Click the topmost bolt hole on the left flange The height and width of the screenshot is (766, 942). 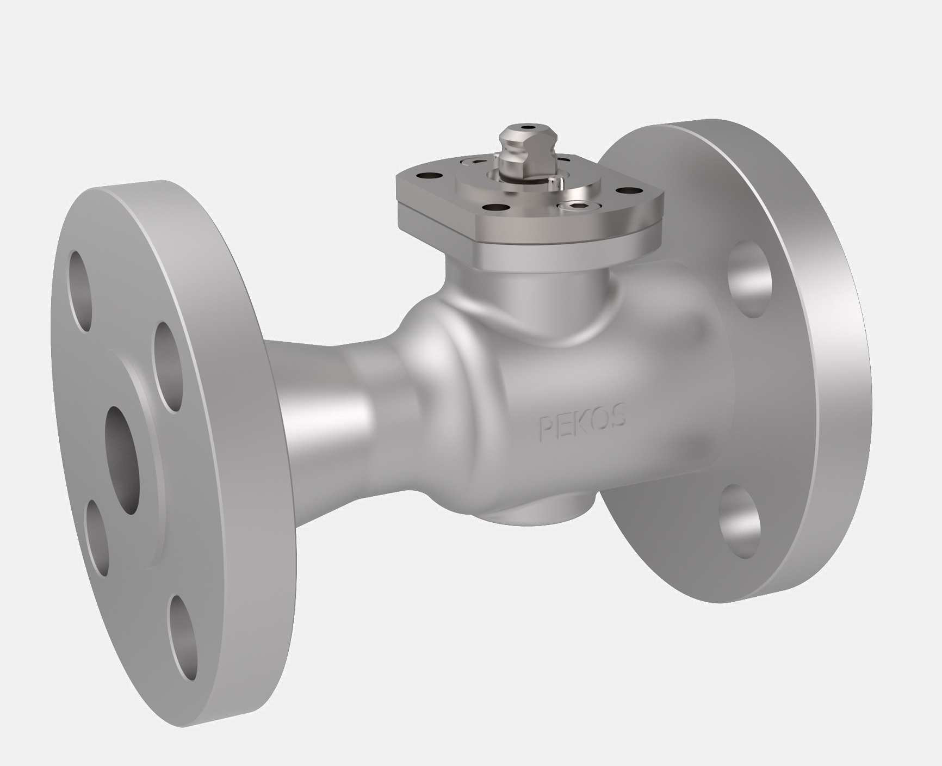coord(79,291)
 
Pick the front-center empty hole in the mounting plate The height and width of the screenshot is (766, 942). coord(494,207)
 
